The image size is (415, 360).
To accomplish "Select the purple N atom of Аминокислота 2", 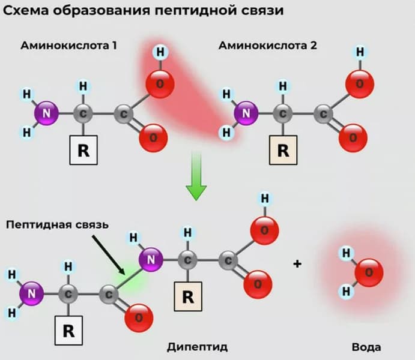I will pos(246,112).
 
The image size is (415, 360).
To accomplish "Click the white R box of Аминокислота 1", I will pos(83,150).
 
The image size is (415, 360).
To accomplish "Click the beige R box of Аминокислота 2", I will pos(283,150).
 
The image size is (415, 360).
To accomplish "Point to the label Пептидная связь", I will pos(57,225).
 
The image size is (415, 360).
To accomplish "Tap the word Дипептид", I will pos(197,347).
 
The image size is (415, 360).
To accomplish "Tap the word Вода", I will pos(366,347).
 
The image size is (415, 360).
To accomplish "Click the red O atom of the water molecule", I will pos(368,273).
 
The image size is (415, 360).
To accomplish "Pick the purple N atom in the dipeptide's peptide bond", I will pos(153,259).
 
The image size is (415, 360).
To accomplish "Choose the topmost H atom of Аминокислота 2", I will pos(360,52).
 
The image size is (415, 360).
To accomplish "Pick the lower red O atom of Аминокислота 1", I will pos(153,137).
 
